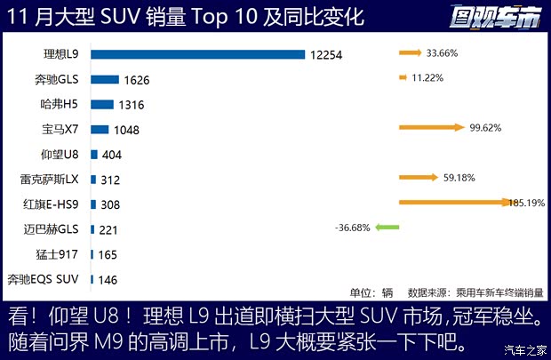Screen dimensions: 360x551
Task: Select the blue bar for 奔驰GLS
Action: pos(104,79)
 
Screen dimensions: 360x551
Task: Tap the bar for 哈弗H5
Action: pos(101,104)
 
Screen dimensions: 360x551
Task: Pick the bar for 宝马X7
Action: pos(99,129)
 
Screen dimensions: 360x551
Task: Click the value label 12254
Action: pos(326,55)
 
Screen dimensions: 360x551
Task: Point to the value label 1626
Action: pos(137,80)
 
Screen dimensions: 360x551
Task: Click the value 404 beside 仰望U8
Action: pos(112,155)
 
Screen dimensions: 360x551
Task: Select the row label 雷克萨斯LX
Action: pos(50,179)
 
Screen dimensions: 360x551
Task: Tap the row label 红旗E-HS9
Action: pos(51,204)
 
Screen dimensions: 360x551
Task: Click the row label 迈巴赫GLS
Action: pos(52,228)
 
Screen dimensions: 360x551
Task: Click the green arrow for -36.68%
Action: pos(387,228)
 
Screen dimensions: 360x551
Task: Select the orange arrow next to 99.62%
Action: pos(433,128)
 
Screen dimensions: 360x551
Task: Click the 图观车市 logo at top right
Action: pos(495,16)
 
